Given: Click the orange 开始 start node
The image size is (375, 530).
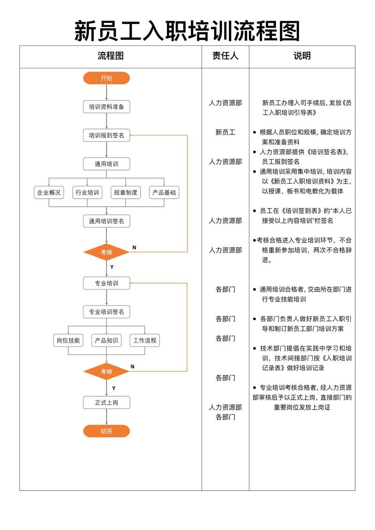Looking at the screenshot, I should (106, 78).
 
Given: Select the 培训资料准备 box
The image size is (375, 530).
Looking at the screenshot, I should (106, 107).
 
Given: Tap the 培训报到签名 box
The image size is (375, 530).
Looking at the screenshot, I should (106, 135).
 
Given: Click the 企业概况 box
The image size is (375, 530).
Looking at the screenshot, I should (49, 192).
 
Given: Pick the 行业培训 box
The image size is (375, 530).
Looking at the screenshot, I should (87, 192).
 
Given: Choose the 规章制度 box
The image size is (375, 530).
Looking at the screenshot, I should (126, 192).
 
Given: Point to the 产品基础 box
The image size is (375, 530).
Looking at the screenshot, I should (164, 192).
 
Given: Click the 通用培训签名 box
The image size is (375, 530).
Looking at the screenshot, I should (106, 221).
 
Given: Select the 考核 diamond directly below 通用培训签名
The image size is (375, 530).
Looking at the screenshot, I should (106, 252).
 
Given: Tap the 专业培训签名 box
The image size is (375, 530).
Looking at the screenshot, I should (106, 312).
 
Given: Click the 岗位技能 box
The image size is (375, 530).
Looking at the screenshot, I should (68, 340).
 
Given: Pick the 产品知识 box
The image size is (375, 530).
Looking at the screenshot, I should (106, 340).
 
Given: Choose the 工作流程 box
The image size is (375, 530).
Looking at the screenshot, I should (144, 340).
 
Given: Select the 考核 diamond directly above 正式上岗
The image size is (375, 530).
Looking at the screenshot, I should (106, 372).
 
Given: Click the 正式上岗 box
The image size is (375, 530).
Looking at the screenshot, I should (106, 402).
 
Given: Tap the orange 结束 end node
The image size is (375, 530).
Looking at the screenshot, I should (106, 431).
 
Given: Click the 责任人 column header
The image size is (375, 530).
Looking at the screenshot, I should (225, 56).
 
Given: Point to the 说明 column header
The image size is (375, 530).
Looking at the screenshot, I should (302, 56).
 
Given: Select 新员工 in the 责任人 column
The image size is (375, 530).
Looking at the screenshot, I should (225, 133).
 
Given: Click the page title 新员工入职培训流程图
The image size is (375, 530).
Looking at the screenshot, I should (187, 31).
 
